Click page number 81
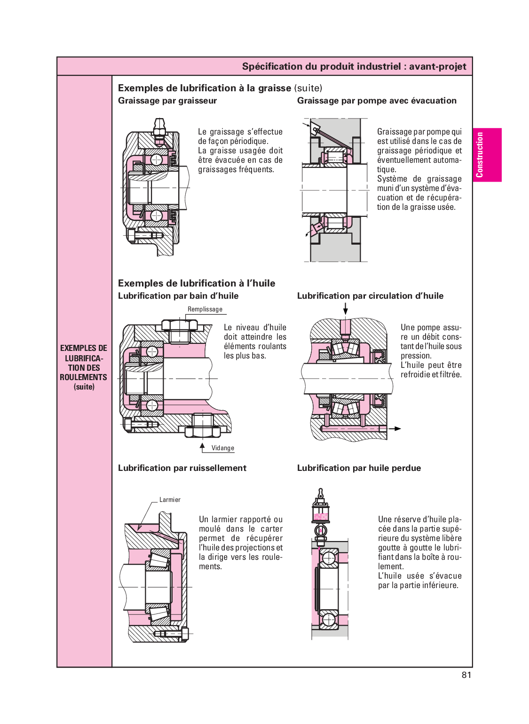click(x=466, y=675)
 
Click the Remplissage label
click(x=205, y=309)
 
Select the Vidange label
click(x=222, y=448)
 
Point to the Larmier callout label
click(x=170, y=500)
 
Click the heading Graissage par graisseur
click(x=167, y=101)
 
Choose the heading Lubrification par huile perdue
click(x=359, y=468)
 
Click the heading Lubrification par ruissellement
click(x=182, y=468)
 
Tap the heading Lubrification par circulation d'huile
click(x=370, y=296)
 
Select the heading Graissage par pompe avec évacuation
click(x=377, y=101)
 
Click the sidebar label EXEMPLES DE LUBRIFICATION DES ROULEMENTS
click(x=84, y=367)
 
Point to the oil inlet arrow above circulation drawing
click(x=346, y=309)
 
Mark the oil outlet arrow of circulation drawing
click(x=395, y=429)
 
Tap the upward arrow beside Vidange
click(x=202, y=446)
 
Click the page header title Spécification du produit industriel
click(x=354, y=66)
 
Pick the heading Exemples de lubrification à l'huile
click(x=197, y=283)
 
